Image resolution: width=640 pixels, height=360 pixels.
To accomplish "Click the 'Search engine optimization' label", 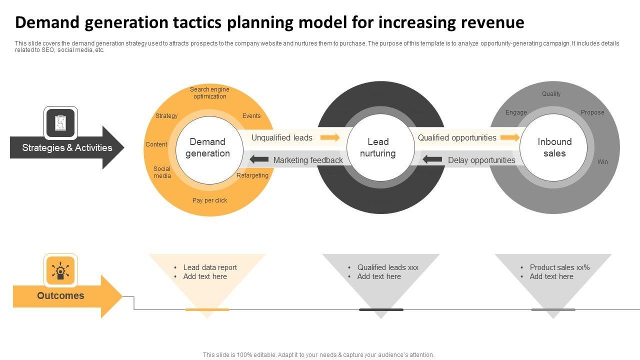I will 209,93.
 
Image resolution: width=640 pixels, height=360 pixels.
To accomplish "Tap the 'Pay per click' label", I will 209,200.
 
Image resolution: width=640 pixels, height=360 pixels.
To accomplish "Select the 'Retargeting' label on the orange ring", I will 252,175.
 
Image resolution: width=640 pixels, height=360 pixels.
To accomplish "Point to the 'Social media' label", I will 162,172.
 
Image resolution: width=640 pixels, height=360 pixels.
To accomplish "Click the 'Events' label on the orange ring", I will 251,116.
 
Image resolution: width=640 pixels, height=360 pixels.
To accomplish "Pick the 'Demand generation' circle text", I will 207,147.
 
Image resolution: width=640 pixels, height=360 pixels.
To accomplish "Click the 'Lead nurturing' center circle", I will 378,147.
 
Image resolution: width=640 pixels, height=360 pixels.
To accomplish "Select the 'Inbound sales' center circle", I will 554,147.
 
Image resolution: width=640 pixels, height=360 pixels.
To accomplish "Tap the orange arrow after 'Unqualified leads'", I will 329,137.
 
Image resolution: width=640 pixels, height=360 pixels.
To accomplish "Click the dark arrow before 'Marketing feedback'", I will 259,160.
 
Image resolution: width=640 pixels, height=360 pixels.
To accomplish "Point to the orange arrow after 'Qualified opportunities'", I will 509,137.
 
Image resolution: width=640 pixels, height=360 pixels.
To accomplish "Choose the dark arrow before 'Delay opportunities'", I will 432,160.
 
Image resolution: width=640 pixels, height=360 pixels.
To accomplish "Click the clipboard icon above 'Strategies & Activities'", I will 60,122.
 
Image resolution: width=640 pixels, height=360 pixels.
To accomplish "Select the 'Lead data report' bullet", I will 210,267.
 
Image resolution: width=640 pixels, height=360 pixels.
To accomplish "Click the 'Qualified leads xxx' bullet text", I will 387,267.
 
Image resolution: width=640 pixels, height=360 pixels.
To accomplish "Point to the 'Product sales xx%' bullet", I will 559,267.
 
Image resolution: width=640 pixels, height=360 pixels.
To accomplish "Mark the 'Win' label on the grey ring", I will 602,162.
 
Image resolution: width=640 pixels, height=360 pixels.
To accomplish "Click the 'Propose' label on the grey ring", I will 592,112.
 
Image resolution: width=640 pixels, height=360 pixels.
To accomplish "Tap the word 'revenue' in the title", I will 492,22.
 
